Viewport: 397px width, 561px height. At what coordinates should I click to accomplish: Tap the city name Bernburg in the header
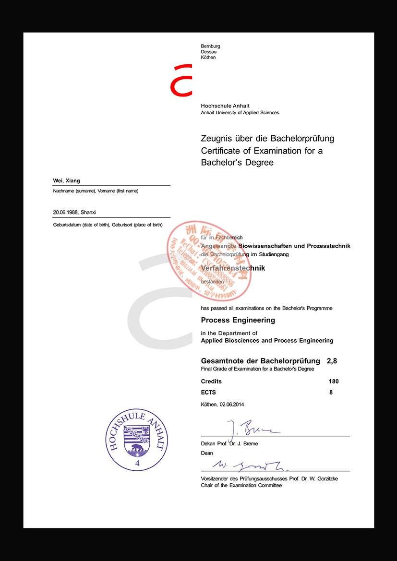pyautogui.click(x=210, y=46)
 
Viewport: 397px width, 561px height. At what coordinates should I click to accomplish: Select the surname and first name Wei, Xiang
pyautogui.click(x=66, y=180)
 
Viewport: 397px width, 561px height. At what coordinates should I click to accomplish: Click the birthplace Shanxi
pyautogui.click(x=89, y=212)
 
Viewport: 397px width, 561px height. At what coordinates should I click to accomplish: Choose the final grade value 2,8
pyautogui.click(x=332, y=360)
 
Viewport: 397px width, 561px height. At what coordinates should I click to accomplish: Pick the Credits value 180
pyautogui.click(x=334, y=382)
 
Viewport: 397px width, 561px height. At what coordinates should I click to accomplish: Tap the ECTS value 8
pyautogui.click(x=331, y=392)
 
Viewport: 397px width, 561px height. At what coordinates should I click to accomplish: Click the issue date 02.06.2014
pyautogui.click(x=232, y=404)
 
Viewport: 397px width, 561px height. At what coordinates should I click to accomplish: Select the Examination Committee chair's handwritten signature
pyautogui.click(x=245, y=465)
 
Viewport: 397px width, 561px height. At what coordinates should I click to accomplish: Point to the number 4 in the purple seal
pyautogui.click(x=137, y=464)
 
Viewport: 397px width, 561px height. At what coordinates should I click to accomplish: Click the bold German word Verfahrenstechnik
pyautogui.click(x=233, y=268)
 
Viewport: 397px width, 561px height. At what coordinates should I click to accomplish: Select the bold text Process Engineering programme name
pyautogui.click(x=238, y=320)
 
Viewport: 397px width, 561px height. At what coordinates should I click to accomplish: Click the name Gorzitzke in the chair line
pyautogui.click(x=322, y=479)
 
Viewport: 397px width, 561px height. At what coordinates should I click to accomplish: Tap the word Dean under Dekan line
pyautogui.click(x=207, y=453)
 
